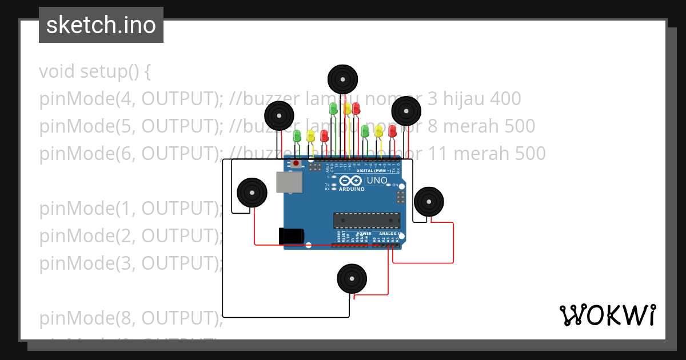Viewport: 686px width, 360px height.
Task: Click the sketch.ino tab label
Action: [x=101, y=25]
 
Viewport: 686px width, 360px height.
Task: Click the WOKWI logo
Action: [x=607, y=315]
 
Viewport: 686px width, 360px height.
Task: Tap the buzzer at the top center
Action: [x=342, y=79]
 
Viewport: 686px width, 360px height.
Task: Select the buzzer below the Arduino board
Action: [x=351, y=279]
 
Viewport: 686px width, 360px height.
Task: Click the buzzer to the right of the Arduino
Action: [x=428, y=201]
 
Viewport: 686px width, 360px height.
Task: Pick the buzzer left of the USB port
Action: [x=252, y=192]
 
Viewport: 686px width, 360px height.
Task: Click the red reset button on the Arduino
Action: [x=296, y=164]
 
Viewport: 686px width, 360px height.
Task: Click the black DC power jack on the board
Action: [x=290, y=237]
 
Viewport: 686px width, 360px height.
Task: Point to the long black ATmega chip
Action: [x=367, y=221]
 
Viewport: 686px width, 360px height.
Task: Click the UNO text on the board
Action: [x=377, y=181]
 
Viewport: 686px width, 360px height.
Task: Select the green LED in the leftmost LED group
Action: [x=297, y=136]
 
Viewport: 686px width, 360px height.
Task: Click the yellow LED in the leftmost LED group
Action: [x=310, y=135]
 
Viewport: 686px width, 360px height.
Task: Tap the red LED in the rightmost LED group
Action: [x=392, y=131]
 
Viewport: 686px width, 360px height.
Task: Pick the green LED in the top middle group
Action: [x=334, y=108]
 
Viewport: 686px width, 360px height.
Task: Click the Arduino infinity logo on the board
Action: [x=350, y=181]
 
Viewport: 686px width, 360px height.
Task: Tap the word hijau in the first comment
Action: [x=464, y=99]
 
